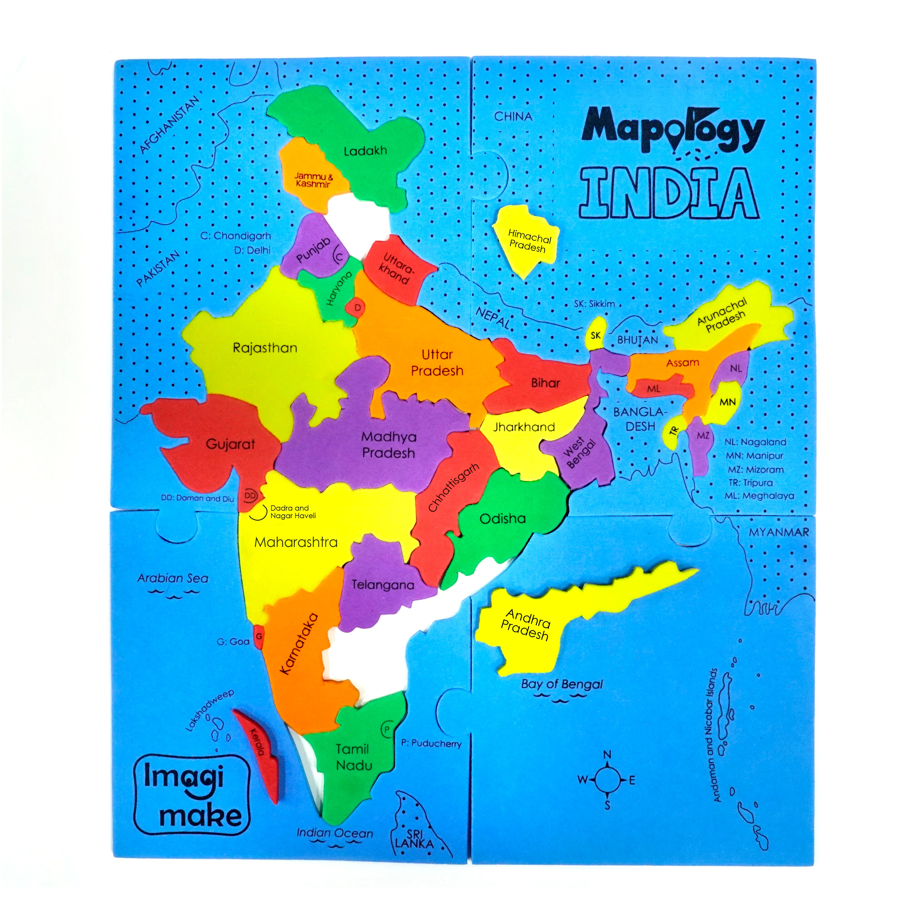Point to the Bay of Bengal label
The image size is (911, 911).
coord(562,684)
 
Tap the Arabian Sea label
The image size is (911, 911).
coord(173,578)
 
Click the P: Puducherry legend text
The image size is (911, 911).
coord(431,744)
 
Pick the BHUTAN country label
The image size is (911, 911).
coord(638,340)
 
